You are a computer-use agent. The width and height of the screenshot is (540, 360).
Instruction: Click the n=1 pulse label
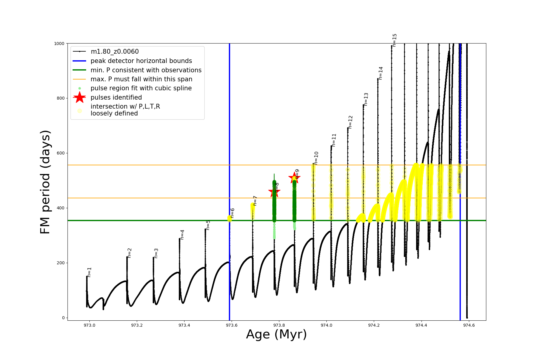pyautogui.click(x=89, y=272)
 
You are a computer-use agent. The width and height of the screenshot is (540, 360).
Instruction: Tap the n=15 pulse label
pyautogui.click(x=394, y=40)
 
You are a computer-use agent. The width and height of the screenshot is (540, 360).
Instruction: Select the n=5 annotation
pyautogui.click(x=208, y=225)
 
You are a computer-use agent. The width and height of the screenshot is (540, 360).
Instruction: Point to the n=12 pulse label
pyautogui.click(x=350, y=122)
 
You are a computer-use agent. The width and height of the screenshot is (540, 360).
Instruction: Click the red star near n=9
pyautogui.click(x=294, y=178)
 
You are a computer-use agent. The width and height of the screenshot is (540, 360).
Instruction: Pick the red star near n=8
pyautogui.click(x=274, y=191)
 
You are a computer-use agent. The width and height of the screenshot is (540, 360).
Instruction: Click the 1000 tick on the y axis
pyautogui.click(x=59, y=43)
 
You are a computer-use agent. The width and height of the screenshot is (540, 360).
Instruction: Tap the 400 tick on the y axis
pyautogui.click(x=61, y=208)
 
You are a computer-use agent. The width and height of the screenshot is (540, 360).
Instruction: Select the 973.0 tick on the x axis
pyautogui.click(x=89, y=325)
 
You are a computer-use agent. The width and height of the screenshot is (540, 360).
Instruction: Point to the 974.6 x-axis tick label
pyautogui.click(x=469, y=325)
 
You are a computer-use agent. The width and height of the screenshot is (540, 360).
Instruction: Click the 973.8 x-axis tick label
pyautogui.click(x=279, y=325)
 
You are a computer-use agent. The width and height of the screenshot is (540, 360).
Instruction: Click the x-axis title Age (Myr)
pyautogui.click(x=276, y=334)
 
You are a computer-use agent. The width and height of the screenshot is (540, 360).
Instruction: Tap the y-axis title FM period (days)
pyautogui.click(x=45, y=182)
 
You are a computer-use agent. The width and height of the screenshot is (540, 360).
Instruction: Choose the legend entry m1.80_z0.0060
pyautogui.click(x=115, y=52)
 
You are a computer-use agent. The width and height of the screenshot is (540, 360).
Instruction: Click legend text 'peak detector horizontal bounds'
pyautogui.click(x=141, y=61)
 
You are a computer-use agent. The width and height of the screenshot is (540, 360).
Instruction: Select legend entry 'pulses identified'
pyautogui.click(x=116, y=97)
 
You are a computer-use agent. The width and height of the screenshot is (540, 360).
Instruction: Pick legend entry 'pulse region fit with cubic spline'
pyautogui.click(x=141, y=88)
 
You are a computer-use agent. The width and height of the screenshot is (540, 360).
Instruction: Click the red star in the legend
pyautogui.click(x=79, y=97)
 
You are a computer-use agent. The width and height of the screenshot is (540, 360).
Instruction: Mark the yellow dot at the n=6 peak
pyautogui.click(x=229, y=218)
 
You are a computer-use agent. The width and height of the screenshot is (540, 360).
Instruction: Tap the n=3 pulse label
pyautogui.click(x=156, y=253)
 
